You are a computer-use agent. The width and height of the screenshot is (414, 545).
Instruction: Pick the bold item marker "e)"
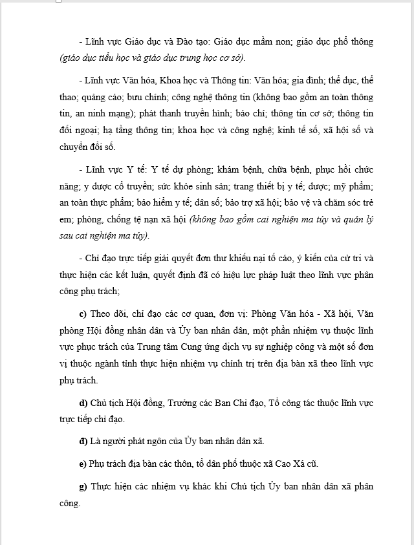click(x=83, y=464)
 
